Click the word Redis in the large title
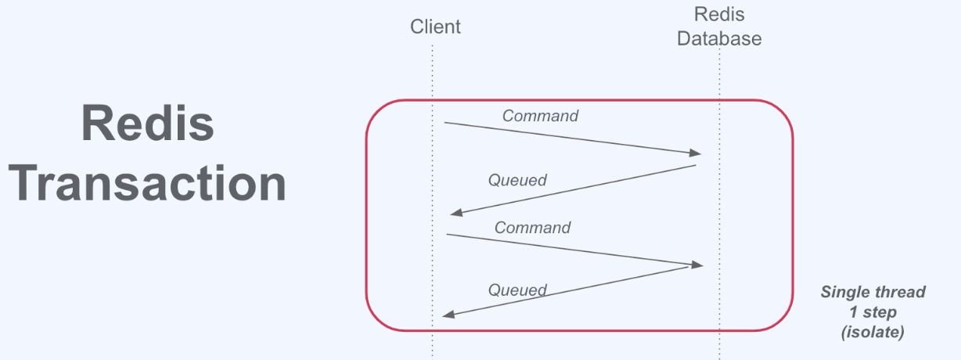[147, 124]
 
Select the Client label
[435, 27]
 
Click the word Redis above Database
[718, 14]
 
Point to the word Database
[718, 38]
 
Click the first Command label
[540, 116]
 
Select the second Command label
[532, 228]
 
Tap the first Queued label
[517, 180]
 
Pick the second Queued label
[517, 290]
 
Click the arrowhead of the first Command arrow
[696, 153]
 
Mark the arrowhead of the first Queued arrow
[455, 214]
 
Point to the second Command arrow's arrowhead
[698, 265]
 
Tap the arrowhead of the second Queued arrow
[447, 315]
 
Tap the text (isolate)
[873, 332]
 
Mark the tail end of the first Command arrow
[446, 123]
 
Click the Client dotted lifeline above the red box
[432, 70]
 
